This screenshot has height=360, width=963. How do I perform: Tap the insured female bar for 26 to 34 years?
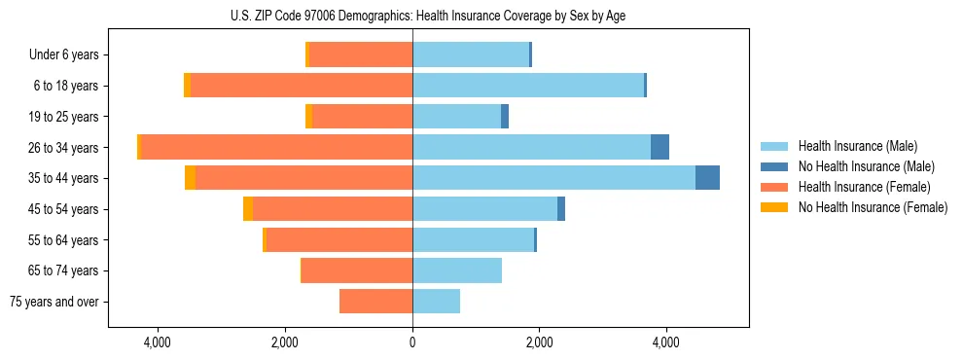277,147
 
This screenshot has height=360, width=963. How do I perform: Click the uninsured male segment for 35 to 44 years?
707,178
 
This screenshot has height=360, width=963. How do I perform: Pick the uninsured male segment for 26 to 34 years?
660,147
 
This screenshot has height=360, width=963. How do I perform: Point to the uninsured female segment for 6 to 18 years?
187,86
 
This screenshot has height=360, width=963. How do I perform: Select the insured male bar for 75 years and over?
436,302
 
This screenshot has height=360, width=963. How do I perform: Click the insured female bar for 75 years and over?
375,302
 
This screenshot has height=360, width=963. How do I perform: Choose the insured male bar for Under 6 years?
471,54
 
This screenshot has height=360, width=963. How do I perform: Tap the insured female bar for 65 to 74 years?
357,270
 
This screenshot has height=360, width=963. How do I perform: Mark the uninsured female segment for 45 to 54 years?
248,208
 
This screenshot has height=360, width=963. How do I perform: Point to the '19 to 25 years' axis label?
65,117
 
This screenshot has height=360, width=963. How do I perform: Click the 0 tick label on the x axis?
412,342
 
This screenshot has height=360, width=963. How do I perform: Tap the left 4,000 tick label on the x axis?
158,342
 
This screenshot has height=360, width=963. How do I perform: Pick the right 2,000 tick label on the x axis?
539,342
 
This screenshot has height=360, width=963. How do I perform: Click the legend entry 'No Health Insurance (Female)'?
873,207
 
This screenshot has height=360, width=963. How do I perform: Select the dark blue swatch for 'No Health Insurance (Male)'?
775,166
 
